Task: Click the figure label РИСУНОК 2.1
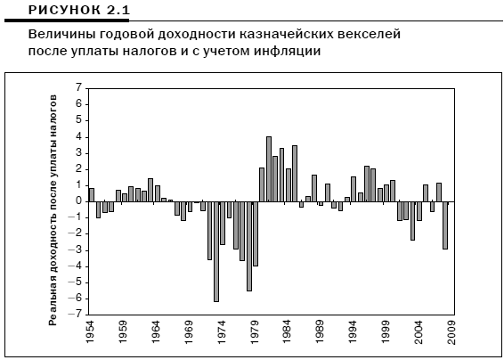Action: (79, 10)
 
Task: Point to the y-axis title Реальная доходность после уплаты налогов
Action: (53, 209)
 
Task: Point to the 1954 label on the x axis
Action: (90, 332)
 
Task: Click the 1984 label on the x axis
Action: (287, 332)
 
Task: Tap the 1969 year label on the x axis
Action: (189, 332)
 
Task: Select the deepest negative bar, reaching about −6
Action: (216, 251)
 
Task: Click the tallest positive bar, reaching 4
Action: (269, 169)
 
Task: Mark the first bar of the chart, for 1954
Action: (92, 195)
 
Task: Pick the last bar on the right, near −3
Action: (445, 225)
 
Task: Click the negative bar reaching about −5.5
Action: (249, 247)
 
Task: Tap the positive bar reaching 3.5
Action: (295, 174)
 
